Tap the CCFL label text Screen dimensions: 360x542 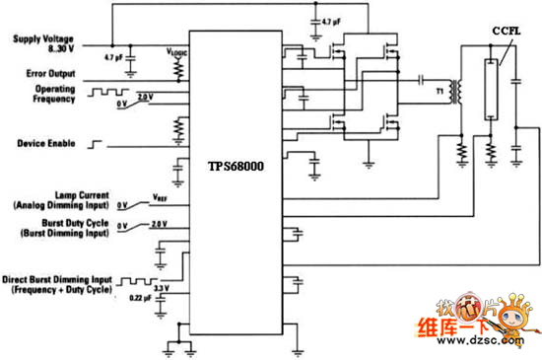pyautogui.click(x=506, y=32)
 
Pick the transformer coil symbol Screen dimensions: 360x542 pyautogui.click(x=455, y=91)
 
